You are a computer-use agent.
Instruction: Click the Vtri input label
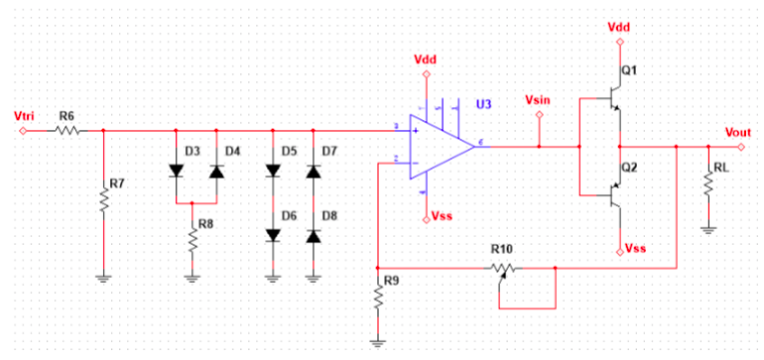[x=25, y=116]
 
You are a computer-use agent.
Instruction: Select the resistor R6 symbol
[x=67, y=130]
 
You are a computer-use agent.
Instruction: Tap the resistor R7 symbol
[x=103, y=199]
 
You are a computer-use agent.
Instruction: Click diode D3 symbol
[x=177, y=170]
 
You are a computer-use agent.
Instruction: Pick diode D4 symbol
[x=215, y=170]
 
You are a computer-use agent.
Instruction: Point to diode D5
[x=274, y=170]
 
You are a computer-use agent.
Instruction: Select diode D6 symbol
[x=274, y=235]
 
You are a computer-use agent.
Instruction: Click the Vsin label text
[x=538, y=101]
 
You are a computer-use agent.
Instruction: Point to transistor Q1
[x=612, y=100]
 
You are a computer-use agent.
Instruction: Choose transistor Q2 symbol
[x=612, y=194]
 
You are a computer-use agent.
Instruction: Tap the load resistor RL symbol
[x=707, y=185]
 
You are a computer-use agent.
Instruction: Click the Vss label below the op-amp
[x=445, y=215]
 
